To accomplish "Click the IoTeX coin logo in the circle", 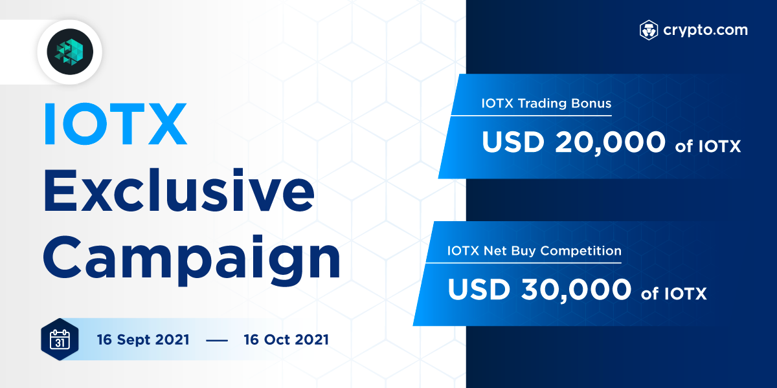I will click(x=65, y=51).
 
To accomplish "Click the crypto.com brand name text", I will click(x=705, y=30).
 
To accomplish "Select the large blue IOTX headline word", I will click(x=115, y=123).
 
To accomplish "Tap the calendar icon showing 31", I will click(x=60, y=339).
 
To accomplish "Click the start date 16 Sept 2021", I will click(x=143, y=339).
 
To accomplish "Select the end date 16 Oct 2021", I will click(x=286, y=339).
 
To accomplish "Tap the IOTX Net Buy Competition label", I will click(x=534, y=250).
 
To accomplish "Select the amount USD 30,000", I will click(x=539, y=290).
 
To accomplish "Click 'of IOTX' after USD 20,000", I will click(x=708, y=147).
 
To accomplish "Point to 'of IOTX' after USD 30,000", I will click(x=674, y=294).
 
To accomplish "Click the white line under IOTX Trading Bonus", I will click(x=531, y=116).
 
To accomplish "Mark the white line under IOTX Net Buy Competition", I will click(x=518, y=263).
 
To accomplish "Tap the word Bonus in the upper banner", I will click(x=592, y=103).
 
